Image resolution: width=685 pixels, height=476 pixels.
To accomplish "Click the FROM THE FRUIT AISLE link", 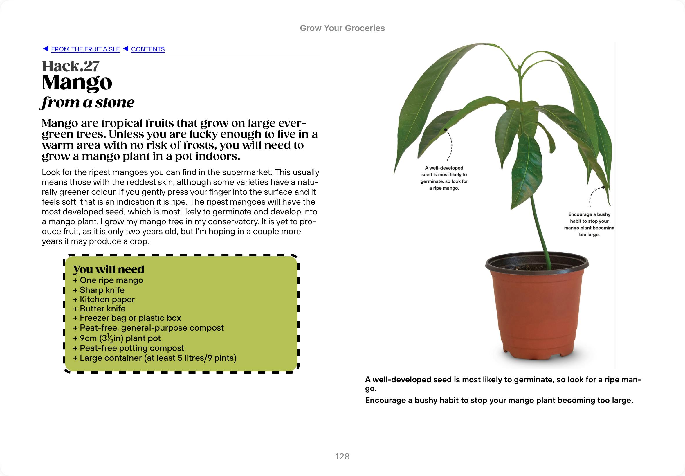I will point(85,49).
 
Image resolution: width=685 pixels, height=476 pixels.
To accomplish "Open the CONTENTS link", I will point(148,49).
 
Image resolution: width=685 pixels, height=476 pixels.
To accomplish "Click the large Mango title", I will point(77,82).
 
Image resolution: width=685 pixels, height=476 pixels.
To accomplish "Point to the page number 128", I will point(342,456).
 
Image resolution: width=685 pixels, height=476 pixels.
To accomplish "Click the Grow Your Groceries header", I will point(342,28).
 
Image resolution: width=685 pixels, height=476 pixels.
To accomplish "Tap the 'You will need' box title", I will point(109,269).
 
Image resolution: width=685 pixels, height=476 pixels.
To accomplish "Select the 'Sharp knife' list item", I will point(99,290).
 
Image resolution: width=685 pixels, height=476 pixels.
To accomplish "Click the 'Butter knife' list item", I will point(100,309).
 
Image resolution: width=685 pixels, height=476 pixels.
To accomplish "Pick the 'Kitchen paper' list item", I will point(104,299).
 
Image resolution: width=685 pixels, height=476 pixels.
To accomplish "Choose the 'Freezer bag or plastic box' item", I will point(127,318).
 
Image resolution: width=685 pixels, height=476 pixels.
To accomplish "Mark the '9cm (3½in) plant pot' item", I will point(117,338).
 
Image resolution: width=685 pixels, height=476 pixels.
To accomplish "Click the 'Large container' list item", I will point(155,358).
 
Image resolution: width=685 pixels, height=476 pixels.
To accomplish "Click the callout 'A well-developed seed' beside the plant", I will point(444,178).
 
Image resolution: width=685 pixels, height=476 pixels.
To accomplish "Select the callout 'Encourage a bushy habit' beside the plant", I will point(589,224).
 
